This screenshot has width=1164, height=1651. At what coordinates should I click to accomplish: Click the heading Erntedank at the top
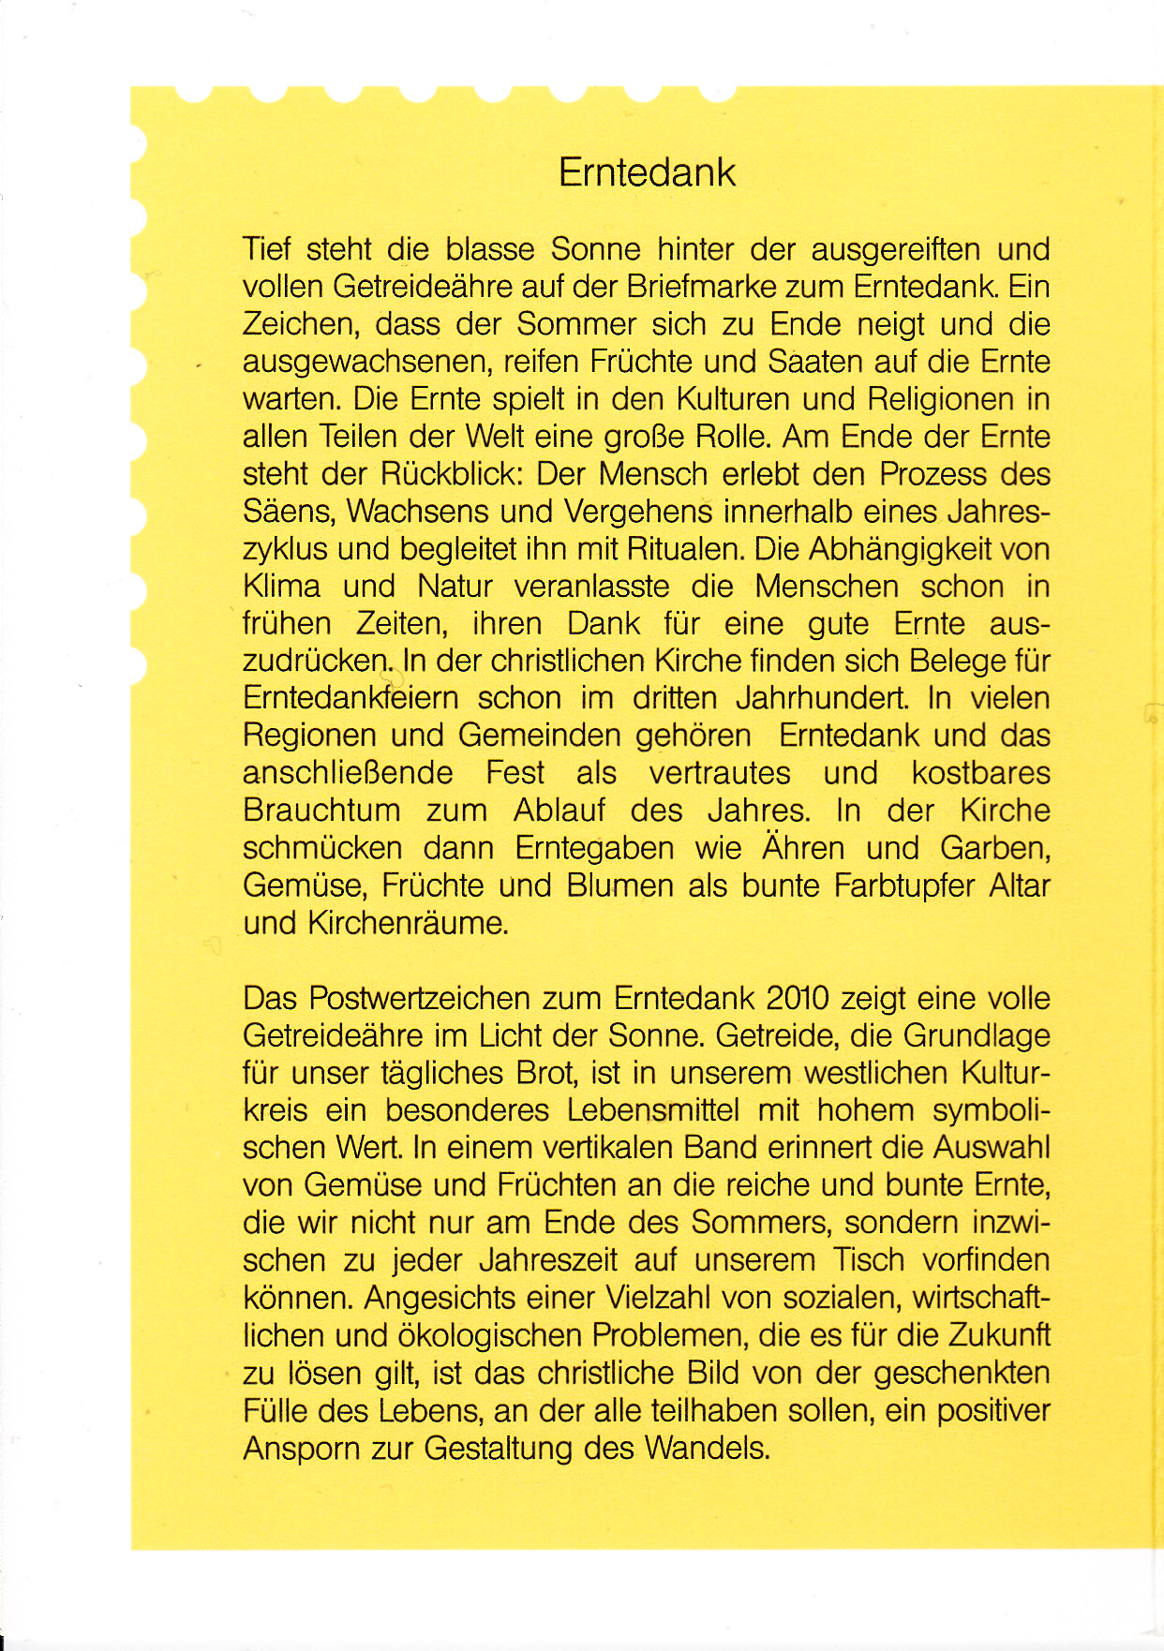(647, 172)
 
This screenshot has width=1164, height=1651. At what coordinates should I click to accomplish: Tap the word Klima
(282, 587)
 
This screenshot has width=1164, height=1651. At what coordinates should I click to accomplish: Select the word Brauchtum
(321, 811)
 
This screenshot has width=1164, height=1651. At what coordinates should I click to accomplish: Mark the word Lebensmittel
(652, 1110)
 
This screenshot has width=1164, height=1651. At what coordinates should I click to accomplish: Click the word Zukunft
(999, 1335)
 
